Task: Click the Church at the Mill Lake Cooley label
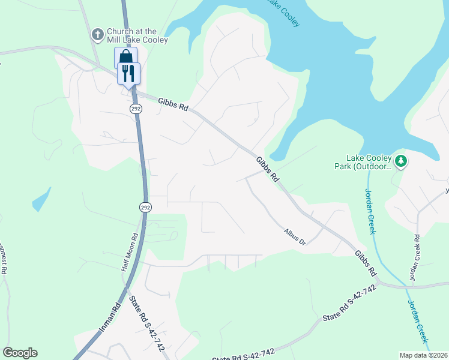(x=137, y=35)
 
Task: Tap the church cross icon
(x=97, y=35)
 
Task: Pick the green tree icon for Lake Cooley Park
(x=401, y=161)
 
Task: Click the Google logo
(x=20, y=353)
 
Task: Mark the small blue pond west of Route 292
(x=40, y=200)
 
